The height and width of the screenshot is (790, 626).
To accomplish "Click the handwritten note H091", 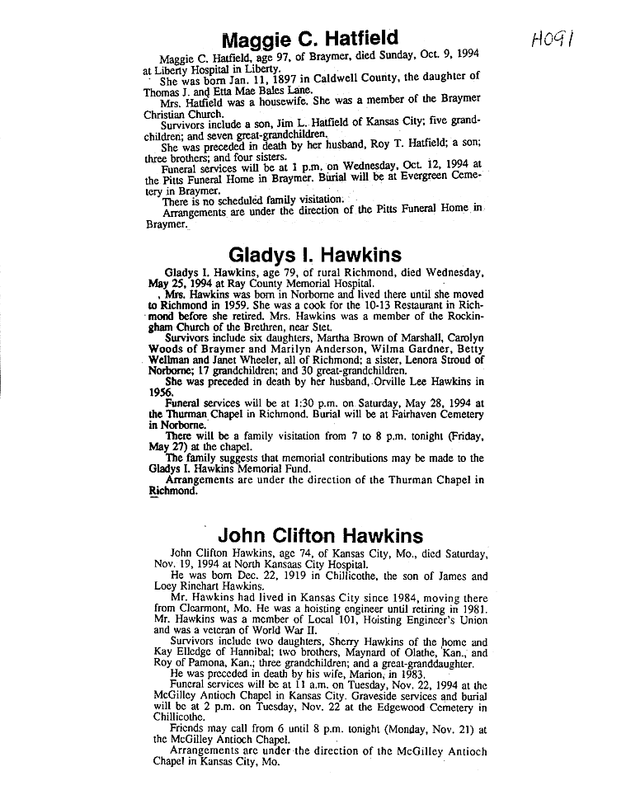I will tap(555, 38).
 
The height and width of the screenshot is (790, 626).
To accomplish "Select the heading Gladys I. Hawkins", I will tap(314, 255).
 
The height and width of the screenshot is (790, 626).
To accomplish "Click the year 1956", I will tap(162, 393).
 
